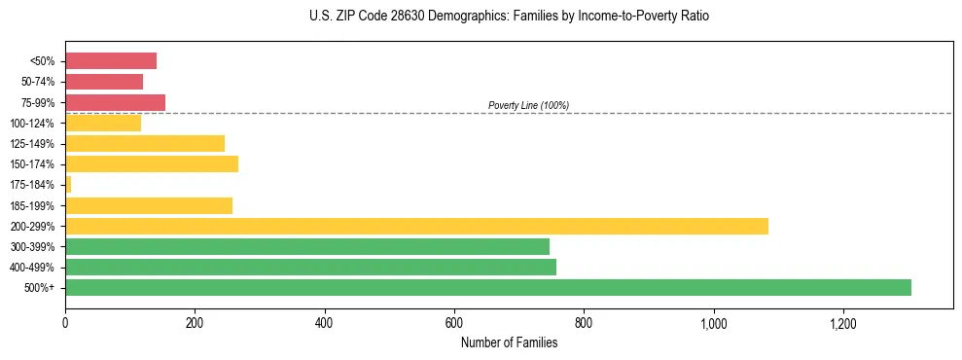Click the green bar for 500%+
click(487, 287)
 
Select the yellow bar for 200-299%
click(416, 226)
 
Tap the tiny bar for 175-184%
click(68, 184)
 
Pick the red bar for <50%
click(111, 61)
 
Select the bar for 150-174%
click(152, 163)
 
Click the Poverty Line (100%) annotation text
click(528, 105)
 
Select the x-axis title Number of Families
click(509, 342)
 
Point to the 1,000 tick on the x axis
click(713, 322)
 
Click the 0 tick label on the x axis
click(65, 322)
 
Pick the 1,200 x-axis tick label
click(842, 322)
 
